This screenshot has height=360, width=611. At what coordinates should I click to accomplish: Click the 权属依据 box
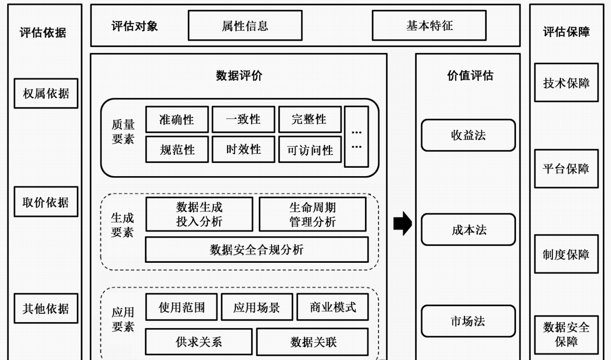[x=46, y=93]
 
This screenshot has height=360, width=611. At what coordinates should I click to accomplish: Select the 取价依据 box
[x=46, y=202]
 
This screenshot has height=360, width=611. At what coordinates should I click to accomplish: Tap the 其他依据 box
[x=46, y=309]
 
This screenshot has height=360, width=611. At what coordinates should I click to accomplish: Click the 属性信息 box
[x=245, y=26]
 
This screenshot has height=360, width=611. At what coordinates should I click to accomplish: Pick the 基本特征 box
[x=429, y=26]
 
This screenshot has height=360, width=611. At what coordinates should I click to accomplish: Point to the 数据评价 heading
[x=239, y=76]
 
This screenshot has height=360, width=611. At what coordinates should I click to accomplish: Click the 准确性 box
[x=177, y=120]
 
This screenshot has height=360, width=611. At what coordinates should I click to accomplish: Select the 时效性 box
[x=244, y=149]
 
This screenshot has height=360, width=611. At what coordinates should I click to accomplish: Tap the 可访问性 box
[x=310, y=150]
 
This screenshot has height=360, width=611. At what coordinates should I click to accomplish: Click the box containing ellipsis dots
[x=356, y=137]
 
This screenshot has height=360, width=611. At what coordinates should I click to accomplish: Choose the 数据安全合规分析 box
[x=257, y=250]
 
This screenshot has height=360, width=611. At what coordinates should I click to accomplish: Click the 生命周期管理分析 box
[x=312, y=214]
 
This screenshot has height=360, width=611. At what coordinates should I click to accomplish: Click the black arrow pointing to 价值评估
[x=402, y=223]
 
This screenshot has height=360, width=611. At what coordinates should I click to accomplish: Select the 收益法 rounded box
[x=468, y=135]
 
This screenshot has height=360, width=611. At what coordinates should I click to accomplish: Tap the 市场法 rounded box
[x=468, y=321]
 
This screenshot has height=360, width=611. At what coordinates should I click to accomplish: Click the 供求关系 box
[x=199, y=342]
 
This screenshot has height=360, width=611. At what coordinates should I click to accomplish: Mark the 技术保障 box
[x=566, y=83]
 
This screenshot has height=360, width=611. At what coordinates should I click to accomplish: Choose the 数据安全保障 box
[x=566, y=335]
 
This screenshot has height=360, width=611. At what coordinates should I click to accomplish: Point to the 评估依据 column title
[x=43, y=32]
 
